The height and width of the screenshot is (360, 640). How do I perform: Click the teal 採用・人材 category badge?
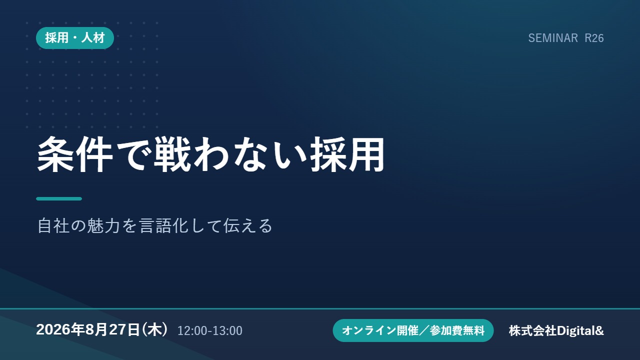pyautogui.click(x=75, y=38)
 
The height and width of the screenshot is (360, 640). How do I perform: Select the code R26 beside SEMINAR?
pyautogui.click(x=594, y=38)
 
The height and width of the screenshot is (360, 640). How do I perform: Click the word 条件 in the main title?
pyautogui.click(x=75, y=154)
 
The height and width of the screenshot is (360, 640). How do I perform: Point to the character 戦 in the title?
pyautogui.click(x=172, y=154)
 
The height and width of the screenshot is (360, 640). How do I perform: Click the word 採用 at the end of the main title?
pyautogui.click(x=347, y=154)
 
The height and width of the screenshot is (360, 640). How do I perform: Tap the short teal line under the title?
pyautogui.click(x=59, y=199)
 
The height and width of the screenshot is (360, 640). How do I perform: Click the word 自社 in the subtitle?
pyautogui.click(x=53, y=225)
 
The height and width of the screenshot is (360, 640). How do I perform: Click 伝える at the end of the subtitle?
pyautogui.click(x=247, y=225)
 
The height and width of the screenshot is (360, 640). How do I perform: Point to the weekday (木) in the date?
pyautogui.click(x=154, y=329)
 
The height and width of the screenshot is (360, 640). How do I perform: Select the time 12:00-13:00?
pyautogui.click(x=210, y=330)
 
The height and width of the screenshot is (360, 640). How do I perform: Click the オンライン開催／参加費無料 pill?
pyautogui.click(x=413, y=330)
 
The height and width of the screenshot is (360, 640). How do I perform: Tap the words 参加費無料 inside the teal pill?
pyautogui.click(x=457, y=330)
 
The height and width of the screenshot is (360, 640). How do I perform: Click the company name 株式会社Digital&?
pyautogui.click(x=556, y=330)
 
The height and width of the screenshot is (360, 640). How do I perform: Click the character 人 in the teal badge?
pyautogui.click(x=87, y=38)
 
